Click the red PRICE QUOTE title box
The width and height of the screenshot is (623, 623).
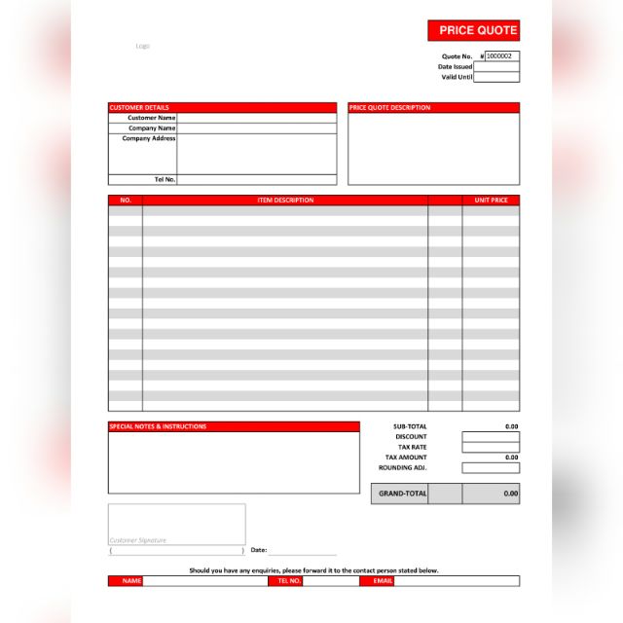(x=473, y=30)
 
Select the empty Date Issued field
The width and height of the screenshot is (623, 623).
(x=496, y=66)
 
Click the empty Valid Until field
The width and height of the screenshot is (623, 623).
(x=496, y=77)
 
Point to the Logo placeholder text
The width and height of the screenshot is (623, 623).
(x=142, y=46)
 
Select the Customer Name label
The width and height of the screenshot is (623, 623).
(x=151, y=118)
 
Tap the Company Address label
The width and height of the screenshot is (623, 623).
(x=149, y=138)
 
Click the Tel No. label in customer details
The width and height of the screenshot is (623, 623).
(x=165, y=179)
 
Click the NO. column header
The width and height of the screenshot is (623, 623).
(x=125, y=200)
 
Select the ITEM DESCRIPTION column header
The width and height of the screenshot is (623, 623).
(x=285, y=200)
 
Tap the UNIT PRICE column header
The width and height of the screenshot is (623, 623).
(x=491, y=200)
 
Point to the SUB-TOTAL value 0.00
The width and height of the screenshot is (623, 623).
(x=511, y=426)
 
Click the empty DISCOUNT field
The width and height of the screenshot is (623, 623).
(x=491, y=437)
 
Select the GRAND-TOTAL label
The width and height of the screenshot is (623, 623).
(x=402, y=494)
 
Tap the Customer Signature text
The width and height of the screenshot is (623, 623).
(x=138, y=539)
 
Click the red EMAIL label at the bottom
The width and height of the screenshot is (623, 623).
(x=377, y=581)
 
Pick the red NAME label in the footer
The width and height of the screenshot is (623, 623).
(x=131, y=581)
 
